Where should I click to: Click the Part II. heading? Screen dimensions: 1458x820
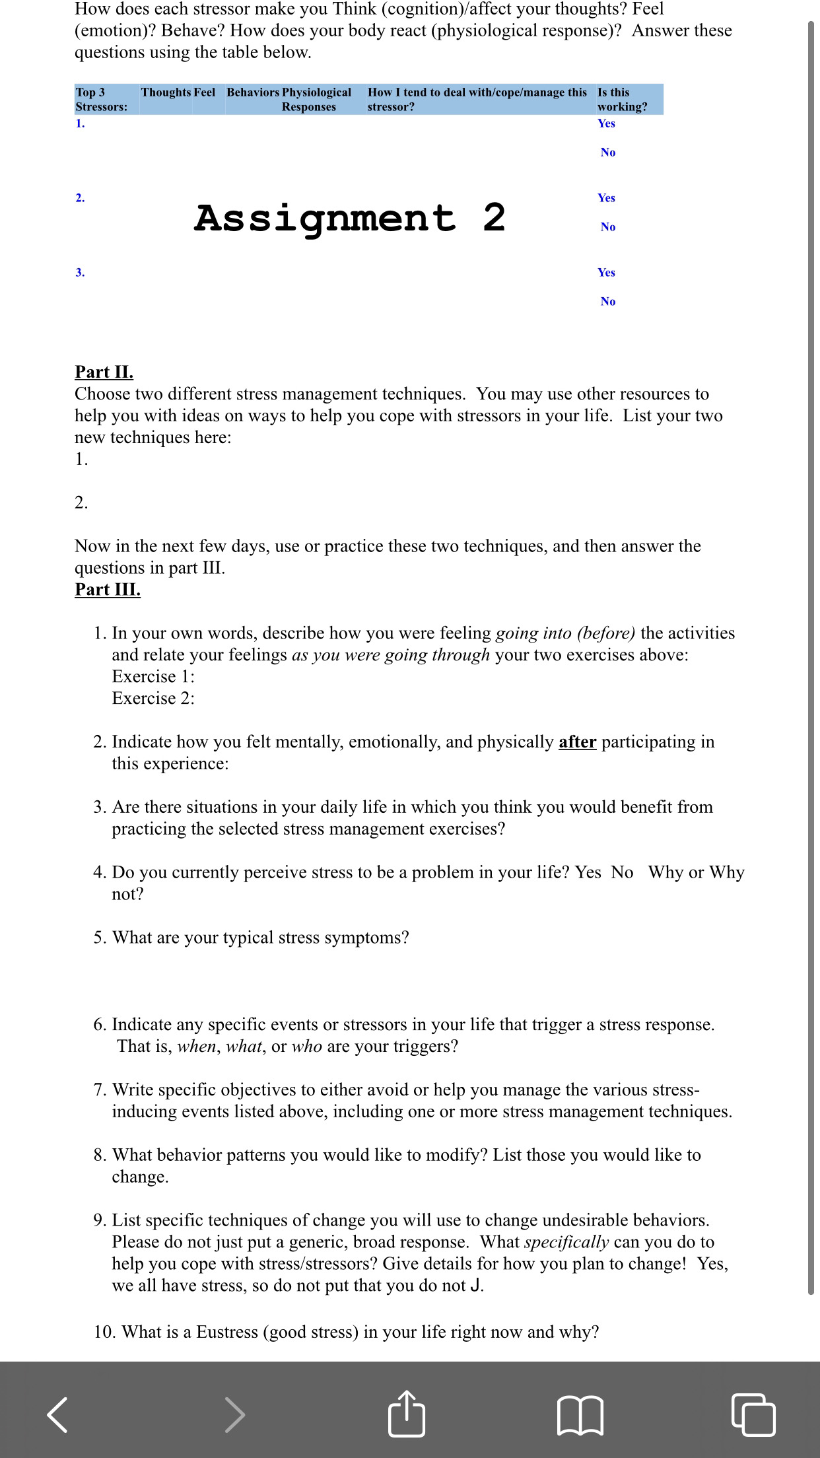pos(104,372)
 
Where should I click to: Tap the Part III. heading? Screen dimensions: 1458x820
pos(108,590)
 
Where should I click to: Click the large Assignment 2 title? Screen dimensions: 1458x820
pos(350,218)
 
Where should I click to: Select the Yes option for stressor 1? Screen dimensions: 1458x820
pos(606,123)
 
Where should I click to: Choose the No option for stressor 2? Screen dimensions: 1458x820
pos(608,227)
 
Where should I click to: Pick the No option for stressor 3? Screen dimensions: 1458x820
pos(608,302)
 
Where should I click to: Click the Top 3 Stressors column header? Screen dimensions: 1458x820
pos(101,100)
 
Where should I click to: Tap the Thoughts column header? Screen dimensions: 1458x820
pos(166,92)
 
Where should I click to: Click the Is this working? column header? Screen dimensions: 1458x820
pos(622,100)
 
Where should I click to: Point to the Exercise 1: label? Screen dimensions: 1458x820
pos(153,677)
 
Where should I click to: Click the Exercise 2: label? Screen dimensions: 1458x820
pos(153,699)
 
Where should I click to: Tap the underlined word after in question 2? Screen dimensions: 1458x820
pos(577,742)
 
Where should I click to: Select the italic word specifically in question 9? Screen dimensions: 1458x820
pos(566,1242)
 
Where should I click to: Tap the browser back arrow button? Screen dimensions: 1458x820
pos(57,1414)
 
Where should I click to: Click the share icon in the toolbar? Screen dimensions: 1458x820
pos(406,1414)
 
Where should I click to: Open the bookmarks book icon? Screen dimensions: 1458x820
pos(580,1414)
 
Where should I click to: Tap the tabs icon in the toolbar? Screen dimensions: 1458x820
pos(753,1414)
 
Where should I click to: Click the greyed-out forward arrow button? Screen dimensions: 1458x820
pos(234,1414)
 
